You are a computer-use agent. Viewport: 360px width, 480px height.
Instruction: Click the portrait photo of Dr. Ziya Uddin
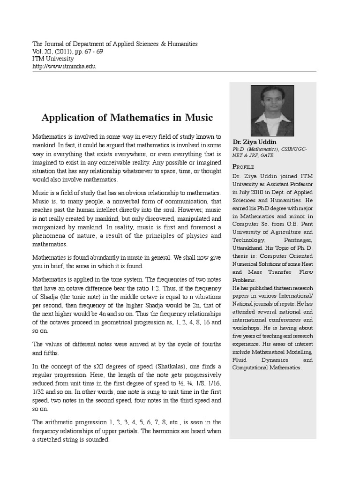272,111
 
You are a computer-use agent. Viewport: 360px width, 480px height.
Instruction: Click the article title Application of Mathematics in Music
127,117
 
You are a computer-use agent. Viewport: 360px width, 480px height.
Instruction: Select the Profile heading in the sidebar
243,167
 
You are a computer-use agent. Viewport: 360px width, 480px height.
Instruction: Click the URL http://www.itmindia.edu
64,67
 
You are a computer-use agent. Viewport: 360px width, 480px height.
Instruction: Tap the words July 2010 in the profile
247,192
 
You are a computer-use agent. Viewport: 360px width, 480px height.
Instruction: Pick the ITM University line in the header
53,59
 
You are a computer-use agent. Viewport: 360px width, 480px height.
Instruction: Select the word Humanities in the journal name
180,44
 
